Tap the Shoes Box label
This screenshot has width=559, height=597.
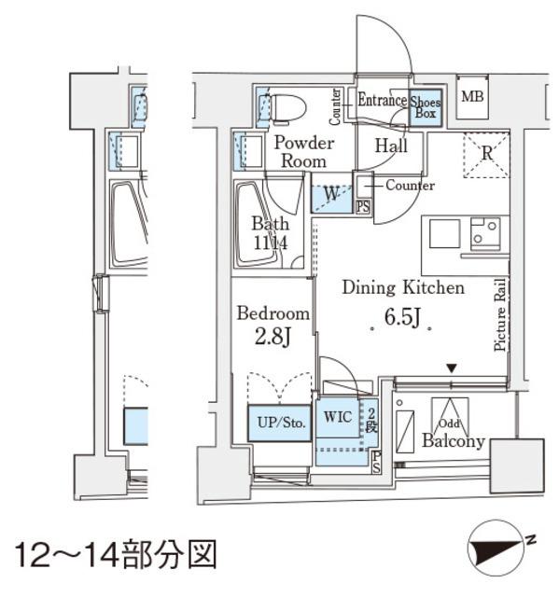click(x=426, y=105)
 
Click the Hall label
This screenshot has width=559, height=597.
click(x=390, y=146)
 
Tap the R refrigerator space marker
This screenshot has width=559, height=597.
click(x=486, y=155)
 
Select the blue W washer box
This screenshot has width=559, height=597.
click(x=331, y=195)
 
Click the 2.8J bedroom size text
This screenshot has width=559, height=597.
click(x=273, y=336)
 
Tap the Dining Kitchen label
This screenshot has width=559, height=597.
click(x=402, y=288)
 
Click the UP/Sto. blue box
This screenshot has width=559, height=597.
click(x=278, y=423)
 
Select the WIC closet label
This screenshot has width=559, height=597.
click(x=339, y=417)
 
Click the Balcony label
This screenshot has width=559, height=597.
click(x=454, y=441)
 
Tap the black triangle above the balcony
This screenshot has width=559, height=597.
click(x=452, y=369)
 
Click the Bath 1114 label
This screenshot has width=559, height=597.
click(x=270, y=233)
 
